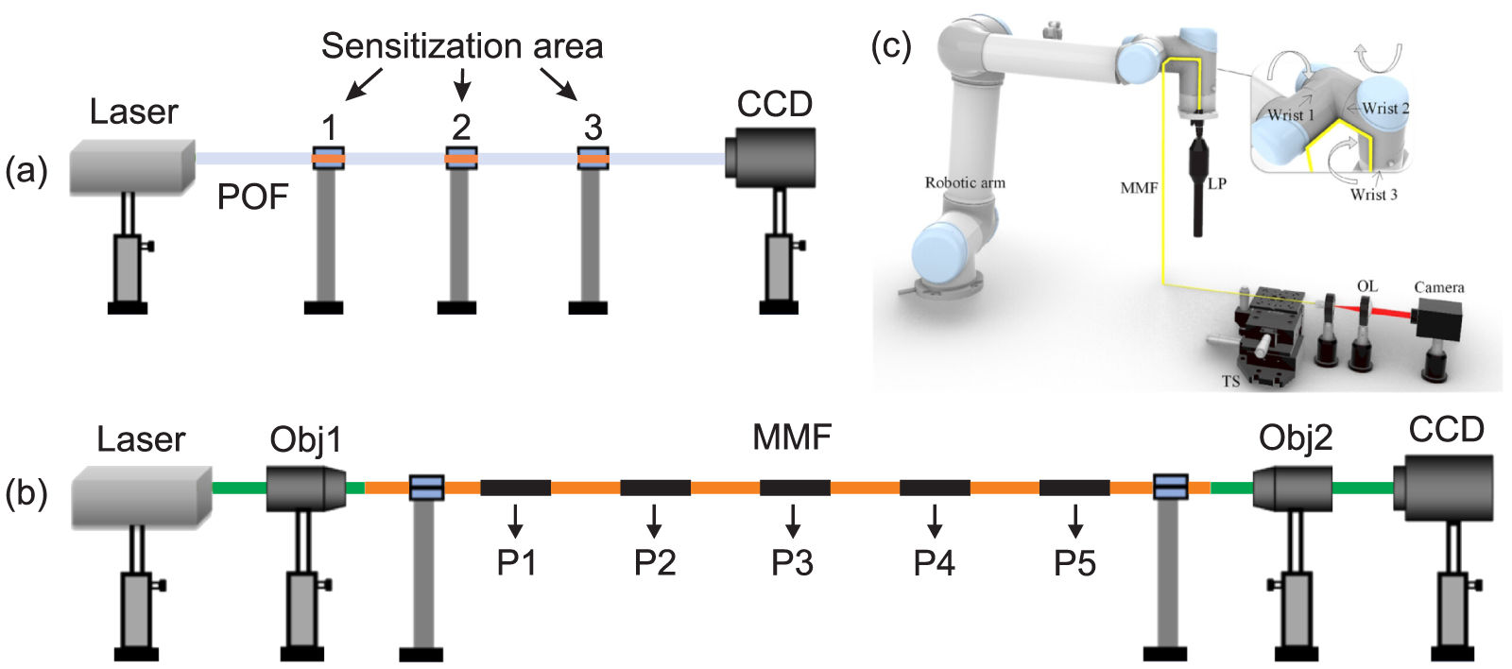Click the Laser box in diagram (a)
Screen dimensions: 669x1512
[131, 167]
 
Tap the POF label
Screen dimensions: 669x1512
[252, 197]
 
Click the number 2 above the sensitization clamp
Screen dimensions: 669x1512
[461, 127]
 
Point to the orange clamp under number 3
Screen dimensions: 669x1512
[593, 159]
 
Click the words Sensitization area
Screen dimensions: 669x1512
[461, 45]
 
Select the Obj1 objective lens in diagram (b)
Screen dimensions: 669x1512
[304, 488]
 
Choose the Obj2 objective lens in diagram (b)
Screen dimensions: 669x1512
[1292, 488]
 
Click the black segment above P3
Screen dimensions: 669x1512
[795, 488]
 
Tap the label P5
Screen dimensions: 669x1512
[1074, 563]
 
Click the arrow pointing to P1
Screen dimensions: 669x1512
[515, 520]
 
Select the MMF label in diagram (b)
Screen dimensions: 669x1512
[792, 437]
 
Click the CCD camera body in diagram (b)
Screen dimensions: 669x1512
[1447, 488]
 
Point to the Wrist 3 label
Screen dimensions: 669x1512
[1373, 195]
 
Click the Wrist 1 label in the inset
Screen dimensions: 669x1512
[1291, 115]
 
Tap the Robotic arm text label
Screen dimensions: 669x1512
[965, 183]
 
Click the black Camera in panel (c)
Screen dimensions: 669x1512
[1438, 322]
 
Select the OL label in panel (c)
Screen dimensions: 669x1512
[1367, 286]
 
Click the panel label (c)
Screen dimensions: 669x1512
[891, 45]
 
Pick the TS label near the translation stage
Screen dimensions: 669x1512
[1230, 382]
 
